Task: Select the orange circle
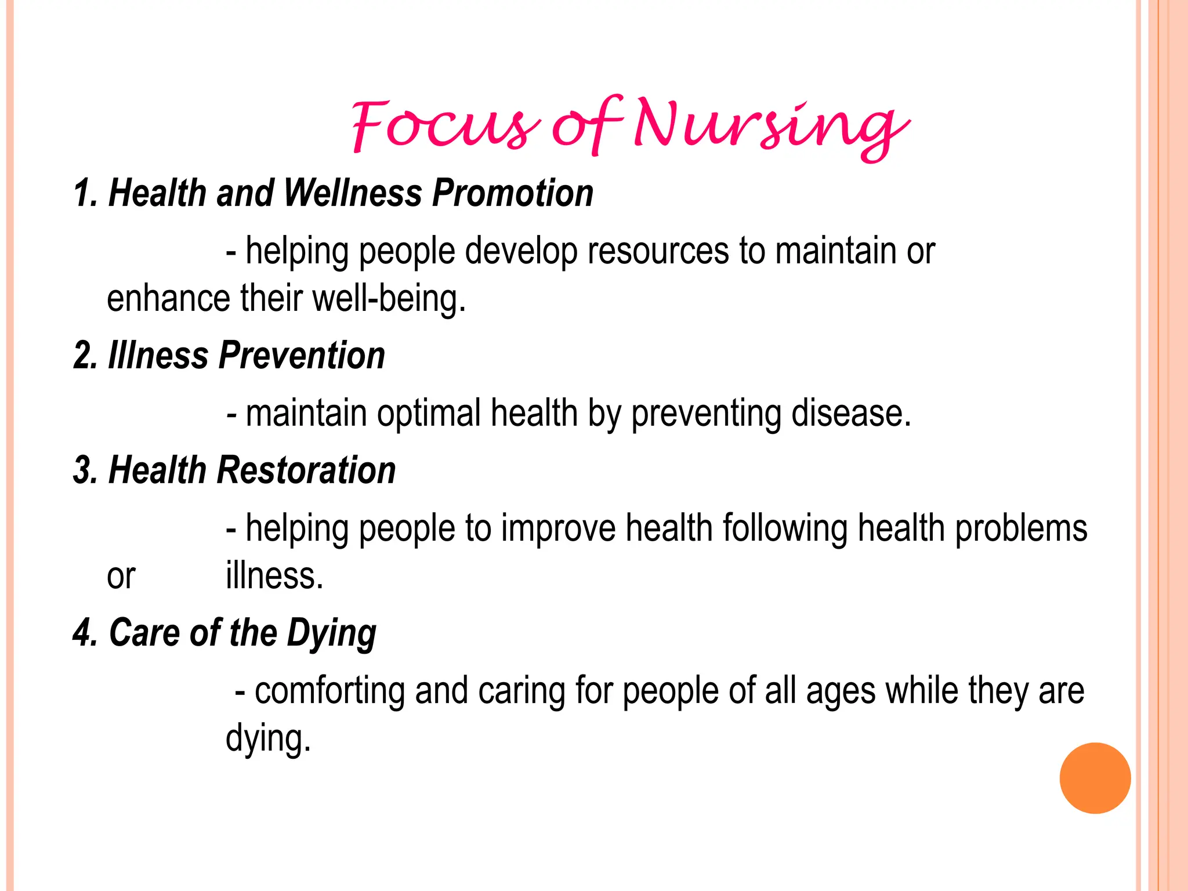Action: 1095,778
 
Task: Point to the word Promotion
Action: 513,193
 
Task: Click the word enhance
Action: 169,299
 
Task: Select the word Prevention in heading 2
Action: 302,356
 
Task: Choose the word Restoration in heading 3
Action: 306,470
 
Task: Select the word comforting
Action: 329,691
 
